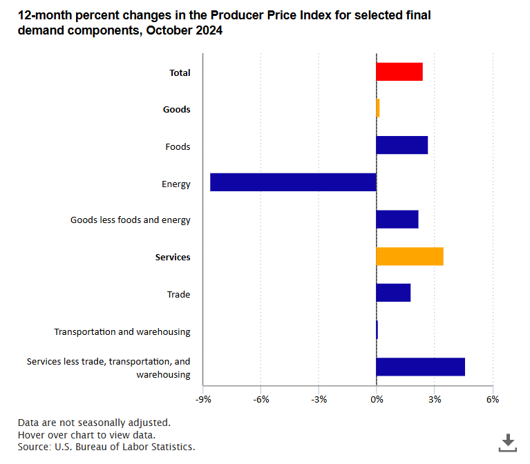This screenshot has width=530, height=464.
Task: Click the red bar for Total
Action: (399, 72)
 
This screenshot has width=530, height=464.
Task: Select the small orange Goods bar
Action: (378, 108)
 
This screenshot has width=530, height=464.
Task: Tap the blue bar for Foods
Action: (401, 145)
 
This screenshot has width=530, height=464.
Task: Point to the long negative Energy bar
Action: (293, 182)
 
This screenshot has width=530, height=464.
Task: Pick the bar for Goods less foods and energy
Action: (397, 220)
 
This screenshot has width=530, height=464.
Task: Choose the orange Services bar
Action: (409, 256)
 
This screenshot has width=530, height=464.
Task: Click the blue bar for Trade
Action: (393, 293)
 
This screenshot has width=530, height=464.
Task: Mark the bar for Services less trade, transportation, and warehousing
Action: (420, 367)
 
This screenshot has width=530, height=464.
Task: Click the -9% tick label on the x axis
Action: (202, 400)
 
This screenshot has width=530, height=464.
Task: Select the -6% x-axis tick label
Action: (261, 400)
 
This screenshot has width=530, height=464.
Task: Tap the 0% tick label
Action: (376, 400)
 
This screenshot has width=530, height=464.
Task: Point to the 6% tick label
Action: (492, 400)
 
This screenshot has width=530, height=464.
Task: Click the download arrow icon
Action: (508, 442)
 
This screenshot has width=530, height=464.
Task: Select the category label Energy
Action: (176, 184)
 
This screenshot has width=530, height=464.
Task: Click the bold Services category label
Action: (173, 258)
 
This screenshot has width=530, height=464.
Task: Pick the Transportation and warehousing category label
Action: (122, 331)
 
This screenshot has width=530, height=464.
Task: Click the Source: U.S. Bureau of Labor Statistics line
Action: (106, 447)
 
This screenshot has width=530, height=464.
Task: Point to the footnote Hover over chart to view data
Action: (86, 434)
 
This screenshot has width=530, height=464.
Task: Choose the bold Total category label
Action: (180, 73)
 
